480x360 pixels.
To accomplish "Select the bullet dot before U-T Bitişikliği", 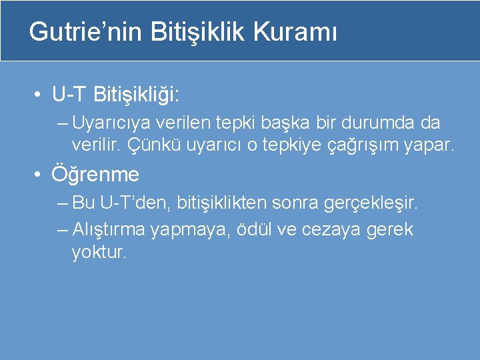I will tap(41, 95).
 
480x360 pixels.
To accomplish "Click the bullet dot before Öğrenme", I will tap(41, 175).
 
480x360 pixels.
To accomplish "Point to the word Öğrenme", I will tap(96, 175).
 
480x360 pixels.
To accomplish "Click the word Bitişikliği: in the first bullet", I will tap(137, 95).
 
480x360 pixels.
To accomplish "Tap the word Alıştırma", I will tap(109, 230).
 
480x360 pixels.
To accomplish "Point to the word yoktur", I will tap(98, 252).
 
